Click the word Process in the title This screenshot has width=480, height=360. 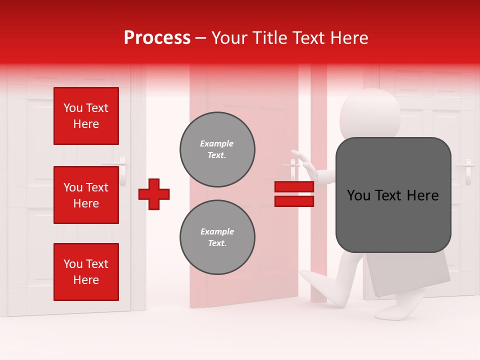click(157, 38)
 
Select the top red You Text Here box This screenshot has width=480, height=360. click(86, 116)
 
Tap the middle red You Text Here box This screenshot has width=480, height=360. click(86, 195)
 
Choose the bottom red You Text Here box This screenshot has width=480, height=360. click(86, 272)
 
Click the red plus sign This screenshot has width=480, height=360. click(154, 194)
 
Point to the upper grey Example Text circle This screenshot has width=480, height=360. click(217, 149)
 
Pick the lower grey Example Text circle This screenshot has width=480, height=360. click(217, 237)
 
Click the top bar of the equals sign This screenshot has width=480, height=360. click(294, 187)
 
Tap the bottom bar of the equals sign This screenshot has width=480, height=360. click(294, 201)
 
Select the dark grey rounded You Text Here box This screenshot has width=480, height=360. click(393, 195)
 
